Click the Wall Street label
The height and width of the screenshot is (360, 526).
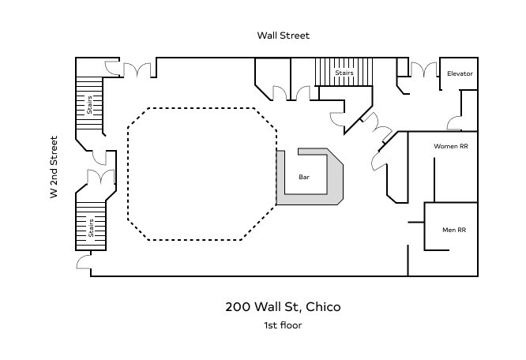tap(283, 36)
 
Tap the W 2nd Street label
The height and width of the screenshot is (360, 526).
tap(54, 167)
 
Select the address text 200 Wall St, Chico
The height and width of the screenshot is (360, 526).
tap(283, 306)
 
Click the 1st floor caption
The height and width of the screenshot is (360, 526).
tap(283, 325)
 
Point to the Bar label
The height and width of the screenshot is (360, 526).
tap(303, 178)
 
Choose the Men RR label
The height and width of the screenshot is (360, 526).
tap(453, 230)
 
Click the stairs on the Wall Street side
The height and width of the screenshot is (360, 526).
tap(344, 73)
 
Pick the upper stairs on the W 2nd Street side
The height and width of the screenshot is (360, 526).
tap(89, 105)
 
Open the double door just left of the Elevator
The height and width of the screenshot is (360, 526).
tap(422, 70)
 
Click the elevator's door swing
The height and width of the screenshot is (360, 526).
tap(455, 122)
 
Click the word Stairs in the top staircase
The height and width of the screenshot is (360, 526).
tap(344, 73)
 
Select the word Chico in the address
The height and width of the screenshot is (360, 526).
tap(323, 306)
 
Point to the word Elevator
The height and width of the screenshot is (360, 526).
tap(459, 73)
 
